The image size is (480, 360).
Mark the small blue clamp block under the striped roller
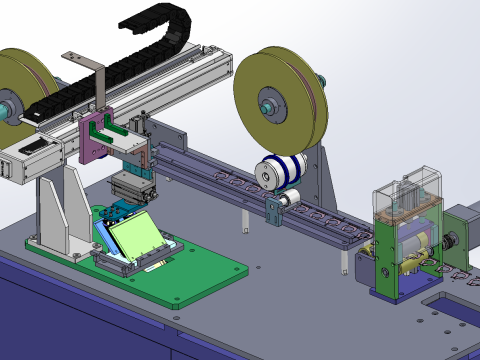274,210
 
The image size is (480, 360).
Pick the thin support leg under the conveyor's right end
343,263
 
